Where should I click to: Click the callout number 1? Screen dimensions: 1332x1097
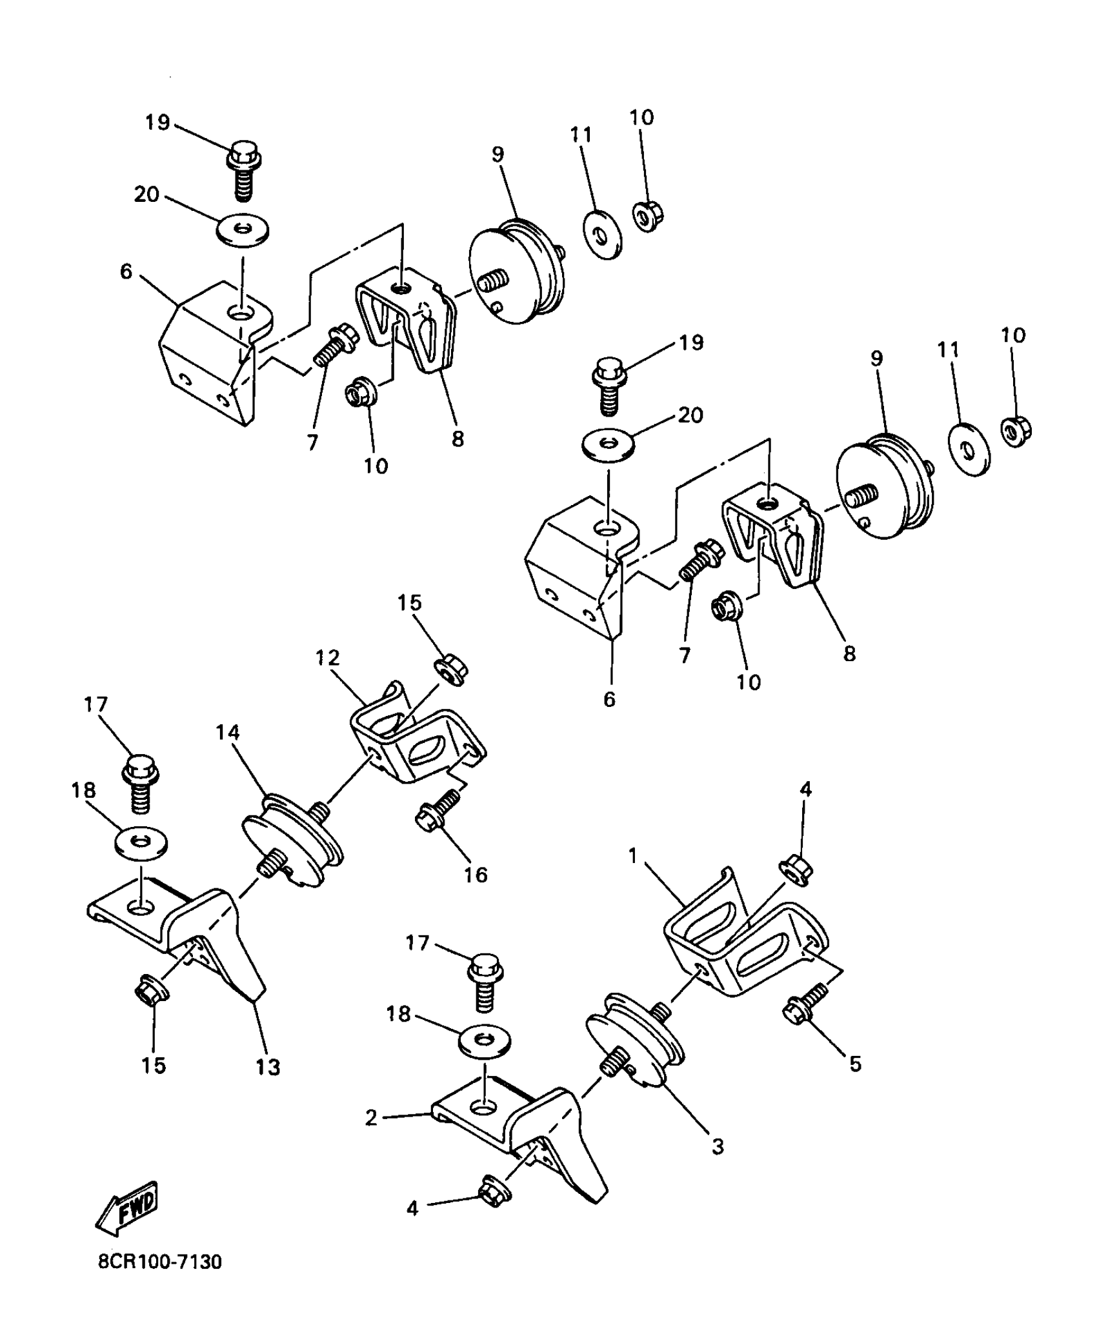point(633,856)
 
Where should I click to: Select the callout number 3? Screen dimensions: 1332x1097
point(718,1146)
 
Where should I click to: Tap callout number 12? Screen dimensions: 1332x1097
point(328,658)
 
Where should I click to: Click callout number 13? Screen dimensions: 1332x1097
point(268,1067)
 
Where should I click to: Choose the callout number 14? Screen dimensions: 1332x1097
point(228,733)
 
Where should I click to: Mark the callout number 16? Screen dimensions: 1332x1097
point(476,875)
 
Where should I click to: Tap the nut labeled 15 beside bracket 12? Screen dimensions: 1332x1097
point(451,670)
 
